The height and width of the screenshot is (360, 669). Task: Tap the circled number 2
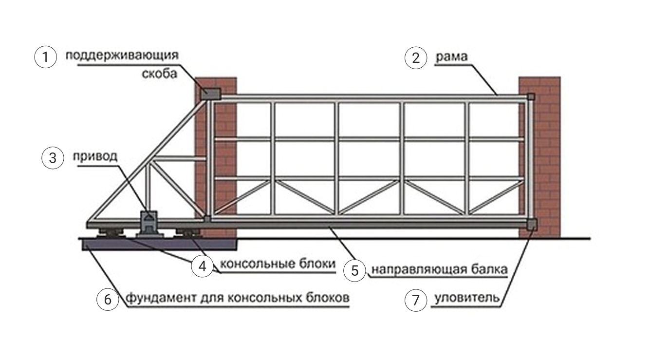(415, 58)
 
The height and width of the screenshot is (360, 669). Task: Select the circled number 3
(53, 158)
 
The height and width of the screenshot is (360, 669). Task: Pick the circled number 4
(202, 266)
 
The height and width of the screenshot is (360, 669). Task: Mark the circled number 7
(415, 300)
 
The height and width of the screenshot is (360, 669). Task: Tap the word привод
(95, 157)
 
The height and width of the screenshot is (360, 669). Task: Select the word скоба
(160, 74)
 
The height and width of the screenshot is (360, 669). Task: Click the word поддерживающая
(122, 55)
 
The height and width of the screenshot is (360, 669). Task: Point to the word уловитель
(467, 298)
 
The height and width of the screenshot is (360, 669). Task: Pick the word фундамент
(161, 298)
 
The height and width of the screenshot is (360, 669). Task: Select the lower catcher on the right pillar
(531, 225)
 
